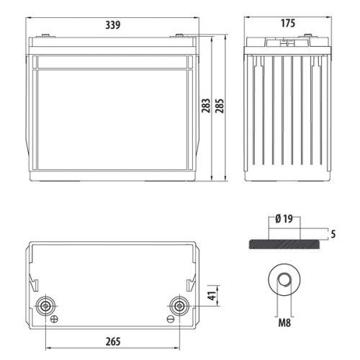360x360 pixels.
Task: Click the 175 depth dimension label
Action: tap(287, 24)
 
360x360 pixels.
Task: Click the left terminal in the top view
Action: tap(46, 305)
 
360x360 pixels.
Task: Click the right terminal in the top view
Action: tap(175, 305)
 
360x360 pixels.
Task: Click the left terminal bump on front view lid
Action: tap(47, 37)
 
